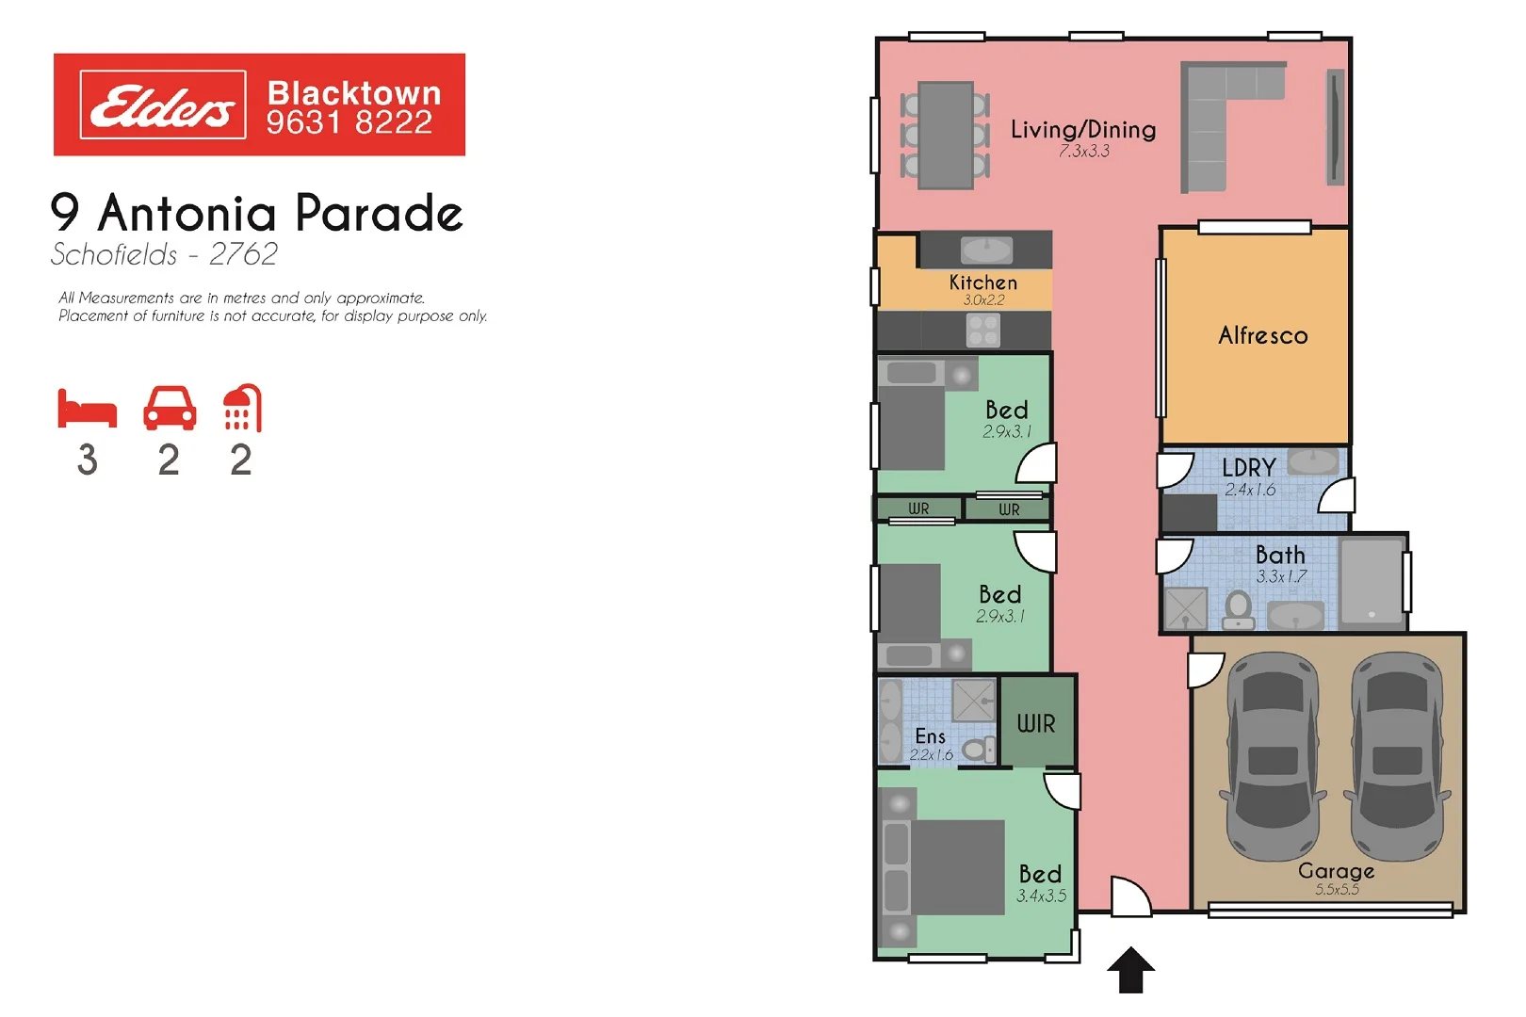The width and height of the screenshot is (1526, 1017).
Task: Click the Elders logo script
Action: [x=162, y=105]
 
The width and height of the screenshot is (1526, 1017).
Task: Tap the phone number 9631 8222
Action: [x=349, y=122]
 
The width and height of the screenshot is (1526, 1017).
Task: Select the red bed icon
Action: [x=87, y=410]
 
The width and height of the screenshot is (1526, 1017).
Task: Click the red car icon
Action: [x=170, y=409]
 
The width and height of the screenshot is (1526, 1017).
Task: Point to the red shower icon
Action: [x=242, y=408]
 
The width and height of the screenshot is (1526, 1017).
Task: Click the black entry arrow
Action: [x=1130, y=970]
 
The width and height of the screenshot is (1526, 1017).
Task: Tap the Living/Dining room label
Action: [x=1083, y=130]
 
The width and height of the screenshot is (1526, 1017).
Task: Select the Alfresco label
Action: [x=1262, y=335]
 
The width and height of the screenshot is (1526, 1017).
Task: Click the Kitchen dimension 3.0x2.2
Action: [x=983, y=300]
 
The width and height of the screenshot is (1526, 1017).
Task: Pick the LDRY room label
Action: [x=1248, y=467]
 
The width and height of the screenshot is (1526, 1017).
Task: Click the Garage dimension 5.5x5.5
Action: [x=1337, y=890]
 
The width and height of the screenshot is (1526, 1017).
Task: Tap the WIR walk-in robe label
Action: [x=1036, y=723]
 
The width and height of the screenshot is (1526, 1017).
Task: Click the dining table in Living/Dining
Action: [x=946, y=136]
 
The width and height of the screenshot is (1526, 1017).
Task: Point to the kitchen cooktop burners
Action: [x=983, y=331]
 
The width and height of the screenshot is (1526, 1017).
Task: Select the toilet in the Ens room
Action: [x=980, y=750]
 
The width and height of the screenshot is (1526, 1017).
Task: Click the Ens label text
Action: [x=930, y=736]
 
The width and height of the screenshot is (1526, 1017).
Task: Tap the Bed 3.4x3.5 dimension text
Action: [x=1041, y=896]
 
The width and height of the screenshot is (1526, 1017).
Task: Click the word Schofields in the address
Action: [x=114, y=254]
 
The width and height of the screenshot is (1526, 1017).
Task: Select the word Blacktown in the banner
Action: [x=354, y=93]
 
